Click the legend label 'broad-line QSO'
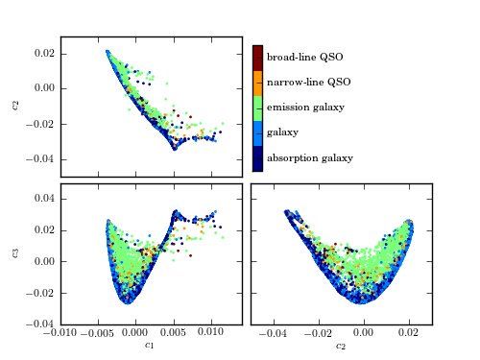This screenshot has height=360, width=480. (x=304, y=58)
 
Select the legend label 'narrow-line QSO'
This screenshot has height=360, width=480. (x=308, y=83)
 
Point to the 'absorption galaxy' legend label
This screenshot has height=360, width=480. (x=310, y=156)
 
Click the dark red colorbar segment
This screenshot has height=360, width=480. (x=257, y=58)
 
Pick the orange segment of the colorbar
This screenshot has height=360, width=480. (x=257, y=83)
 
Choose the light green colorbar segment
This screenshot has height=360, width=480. (x=257, y=108)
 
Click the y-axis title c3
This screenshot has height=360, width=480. (x=14, y=252)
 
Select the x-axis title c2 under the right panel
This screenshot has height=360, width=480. (x=341, y=345)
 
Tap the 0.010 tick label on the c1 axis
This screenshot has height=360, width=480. (x=211, y=332)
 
